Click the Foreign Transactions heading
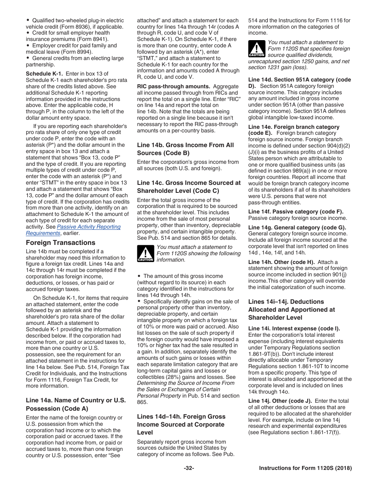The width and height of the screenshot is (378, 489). tap(60, 243)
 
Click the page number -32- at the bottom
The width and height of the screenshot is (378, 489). tap(189, 468)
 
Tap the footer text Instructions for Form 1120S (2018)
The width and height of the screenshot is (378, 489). tap(305, 468)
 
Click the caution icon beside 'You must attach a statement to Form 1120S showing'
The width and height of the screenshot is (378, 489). tap(145, 254)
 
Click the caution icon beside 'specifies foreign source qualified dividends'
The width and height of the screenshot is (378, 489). tap(257, 49)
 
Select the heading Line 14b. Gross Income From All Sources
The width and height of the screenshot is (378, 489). tap(185, 149)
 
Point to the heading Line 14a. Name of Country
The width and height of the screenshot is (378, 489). tap(76, 404)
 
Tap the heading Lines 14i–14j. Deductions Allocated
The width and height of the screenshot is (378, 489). tap(292, 309)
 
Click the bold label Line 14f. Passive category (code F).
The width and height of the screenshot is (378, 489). tap(296, 212)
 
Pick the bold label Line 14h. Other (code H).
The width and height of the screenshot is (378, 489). tap(281, 262)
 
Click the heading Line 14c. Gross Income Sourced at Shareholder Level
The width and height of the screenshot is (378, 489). tap(189, 187)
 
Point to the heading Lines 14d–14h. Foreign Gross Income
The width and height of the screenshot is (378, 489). tap(181, 424)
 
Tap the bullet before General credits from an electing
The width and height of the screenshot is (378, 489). tap(28, 58)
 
